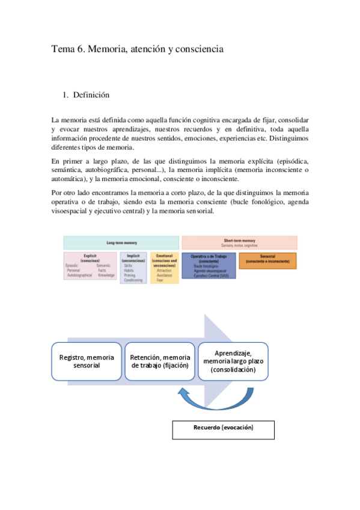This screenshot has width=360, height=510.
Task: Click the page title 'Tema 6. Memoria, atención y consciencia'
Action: click(137, 50)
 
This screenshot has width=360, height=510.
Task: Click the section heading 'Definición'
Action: click(91, 94)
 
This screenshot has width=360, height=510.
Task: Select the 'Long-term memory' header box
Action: click(121, 243)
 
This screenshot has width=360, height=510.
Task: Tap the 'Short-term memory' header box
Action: click(239, 242)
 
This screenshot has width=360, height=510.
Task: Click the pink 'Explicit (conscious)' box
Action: click(90, 266)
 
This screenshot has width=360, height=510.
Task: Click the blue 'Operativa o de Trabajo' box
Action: click(209, 265)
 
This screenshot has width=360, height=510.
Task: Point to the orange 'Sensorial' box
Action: click(267, 260)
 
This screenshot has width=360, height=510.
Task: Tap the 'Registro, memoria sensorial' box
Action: click(87, 361)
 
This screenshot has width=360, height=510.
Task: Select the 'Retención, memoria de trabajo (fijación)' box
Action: click(159, 361)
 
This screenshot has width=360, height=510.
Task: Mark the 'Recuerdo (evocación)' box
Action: click(223, 429)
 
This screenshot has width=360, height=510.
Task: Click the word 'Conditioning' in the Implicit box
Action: click(133, 280)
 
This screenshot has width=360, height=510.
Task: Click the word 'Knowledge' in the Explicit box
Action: click(106, 275)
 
